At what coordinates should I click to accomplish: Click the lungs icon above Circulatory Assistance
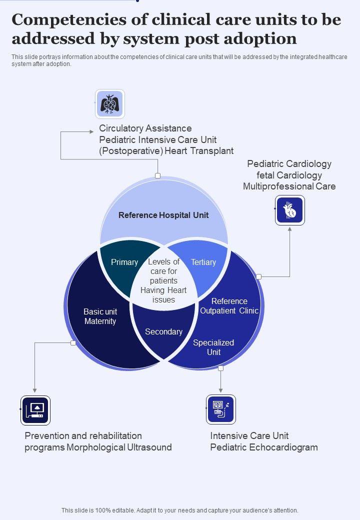[x=110, y=104]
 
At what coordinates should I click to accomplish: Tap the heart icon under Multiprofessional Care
[x=289, y=210]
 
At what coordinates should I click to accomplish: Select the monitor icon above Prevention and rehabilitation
[x=35, y=410]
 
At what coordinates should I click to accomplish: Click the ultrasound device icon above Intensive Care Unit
[x=221, y=409]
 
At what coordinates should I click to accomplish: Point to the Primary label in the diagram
[x=124, y=262]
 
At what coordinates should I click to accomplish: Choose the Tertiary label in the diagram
[x=203, y=262]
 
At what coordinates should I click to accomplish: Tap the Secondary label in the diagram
[x=164, y=331]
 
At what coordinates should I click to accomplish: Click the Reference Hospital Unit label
[x=163, y=215]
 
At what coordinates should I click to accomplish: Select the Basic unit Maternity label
[x=100, y=316]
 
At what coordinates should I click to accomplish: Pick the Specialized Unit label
[x=213, y=347]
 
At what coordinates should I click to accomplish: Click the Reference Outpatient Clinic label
[x=229, y=306]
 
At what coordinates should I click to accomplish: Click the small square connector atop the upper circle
[x=158, y=176]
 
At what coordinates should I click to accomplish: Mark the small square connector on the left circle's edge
[x=73, y=343]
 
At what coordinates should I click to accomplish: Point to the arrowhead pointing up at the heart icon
[x=289, y=229]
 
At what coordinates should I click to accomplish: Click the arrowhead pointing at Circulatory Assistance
[x=91, y=131]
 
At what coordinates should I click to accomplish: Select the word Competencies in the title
[x=69, y=20]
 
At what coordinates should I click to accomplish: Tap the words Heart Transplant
[x=199, y=151]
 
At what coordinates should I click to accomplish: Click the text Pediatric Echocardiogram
[x=264, y=447]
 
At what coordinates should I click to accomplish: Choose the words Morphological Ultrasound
[x=119, y=447]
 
